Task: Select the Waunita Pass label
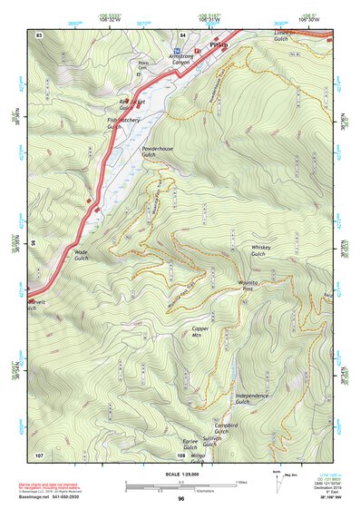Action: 250,286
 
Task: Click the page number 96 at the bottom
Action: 181,499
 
